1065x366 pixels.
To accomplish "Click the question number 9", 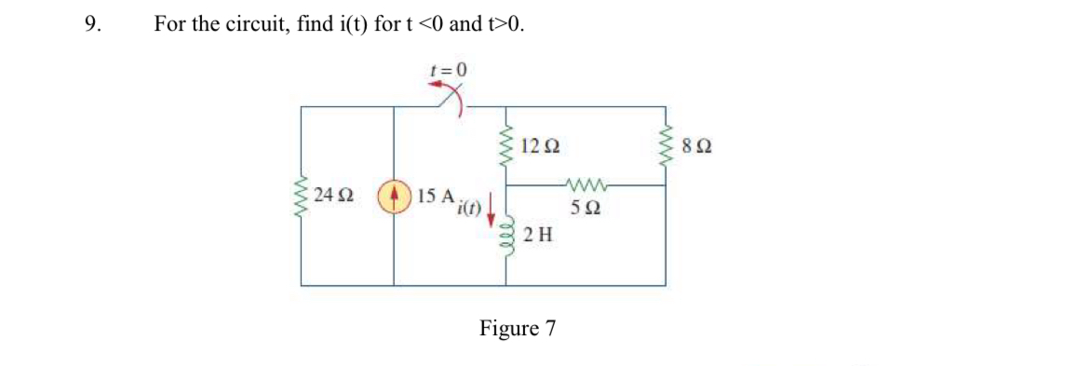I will (x=90, y=24).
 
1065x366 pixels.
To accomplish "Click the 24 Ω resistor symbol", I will (x=302, y=197).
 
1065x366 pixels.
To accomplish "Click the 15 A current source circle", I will (x=393, y=197).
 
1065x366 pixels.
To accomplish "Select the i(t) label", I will (x=466, y=209).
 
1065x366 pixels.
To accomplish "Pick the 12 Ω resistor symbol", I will (x=507, y=147).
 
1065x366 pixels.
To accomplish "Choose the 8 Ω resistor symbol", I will (x=665, y=147).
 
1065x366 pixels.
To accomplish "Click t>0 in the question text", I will (x=506, y=24).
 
